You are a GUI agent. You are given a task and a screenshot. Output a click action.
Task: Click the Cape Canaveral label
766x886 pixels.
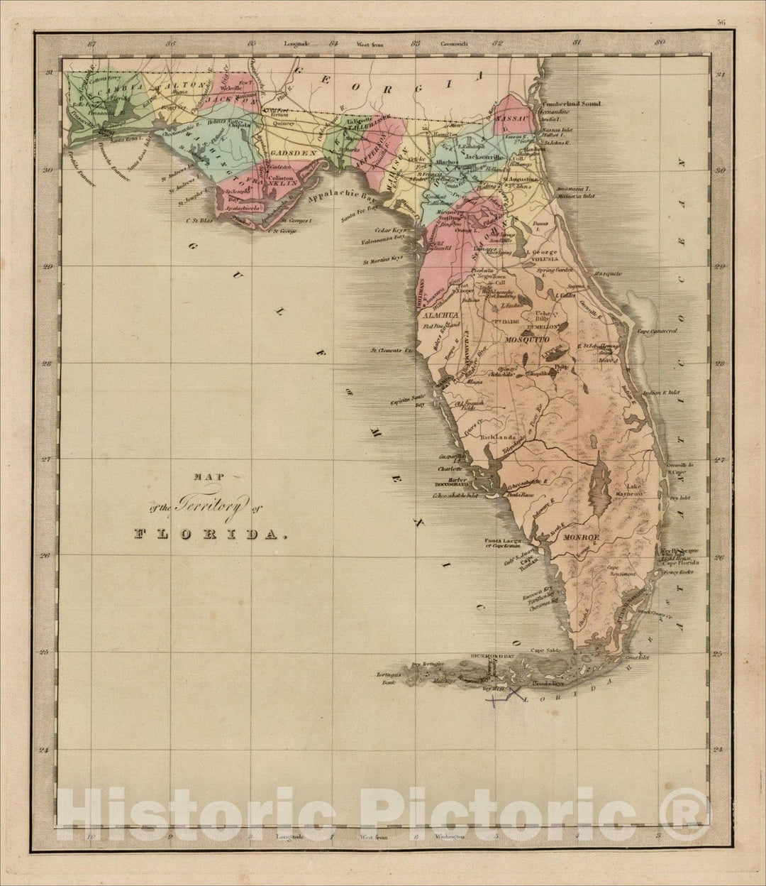(x=657, y=331)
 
